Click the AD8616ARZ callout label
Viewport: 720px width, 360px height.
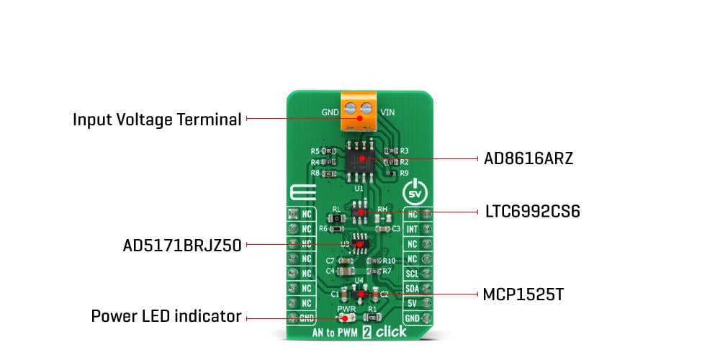pyautogui.click(x=528, y=158)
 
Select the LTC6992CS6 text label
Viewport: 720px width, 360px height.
pyautogui.click(x=533, y=212)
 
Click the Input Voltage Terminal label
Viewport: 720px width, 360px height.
pyautogui.click(x=157, y=119)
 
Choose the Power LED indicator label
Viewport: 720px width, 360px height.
pyautogui.click(x=166, y=316)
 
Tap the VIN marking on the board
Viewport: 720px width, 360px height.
pyautogui.click(x=387, y=112)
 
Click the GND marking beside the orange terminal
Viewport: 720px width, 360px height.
pyautogui.click(x=328, y=112)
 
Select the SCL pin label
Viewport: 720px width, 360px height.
pyautogui.click(x=412, y=274)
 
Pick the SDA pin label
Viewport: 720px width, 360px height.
pyautogui.click(x=412, y=289)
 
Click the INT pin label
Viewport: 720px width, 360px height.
pyautogui.click(x=412, y=229)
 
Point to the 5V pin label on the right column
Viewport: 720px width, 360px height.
pyautogui.click(x=412, y=304)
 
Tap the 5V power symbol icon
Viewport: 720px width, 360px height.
pyautogui.click(x=415, y=193)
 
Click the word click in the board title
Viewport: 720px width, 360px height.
pyautogui.click(x=391, y=332)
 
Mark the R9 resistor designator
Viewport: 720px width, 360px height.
pyautogui.click(x=404, y=174)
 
